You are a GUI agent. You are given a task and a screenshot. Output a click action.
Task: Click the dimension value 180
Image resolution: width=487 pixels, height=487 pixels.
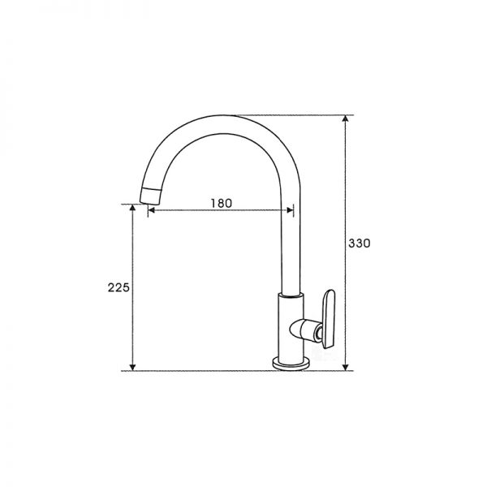coord(222,204)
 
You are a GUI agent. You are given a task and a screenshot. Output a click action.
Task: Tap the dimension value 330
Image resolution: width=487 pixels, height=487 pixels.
coord(360,243)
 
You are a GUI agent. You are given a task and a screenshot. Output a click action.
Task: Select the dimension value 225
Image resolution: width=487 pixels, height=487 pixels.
coord(119,288)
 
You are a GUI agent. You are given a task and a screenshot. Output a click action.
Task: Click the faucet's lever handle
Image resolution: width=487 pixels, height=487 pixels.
coord(329,319)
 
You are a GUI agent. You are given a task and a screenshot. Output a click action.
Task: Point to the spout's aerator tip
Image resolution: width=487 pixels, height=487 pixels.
coord(151,196)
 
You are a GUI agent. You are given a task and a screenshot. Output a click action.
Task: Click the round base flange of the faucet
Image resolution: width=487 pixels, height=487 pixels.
coord(291,364)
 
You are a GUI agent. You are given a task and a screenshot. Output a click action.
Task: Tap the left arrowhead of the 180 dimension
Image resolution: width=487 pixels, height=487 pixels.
coord(151,210)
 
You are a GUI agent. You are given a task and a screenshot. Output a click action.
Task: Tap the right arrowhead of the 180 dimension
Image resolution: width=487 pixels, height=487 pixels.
coord(290,210)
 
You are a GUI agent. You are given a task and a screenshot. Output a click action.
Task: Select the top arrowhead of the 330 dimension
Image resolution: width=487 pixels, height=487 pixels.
coord(345,119)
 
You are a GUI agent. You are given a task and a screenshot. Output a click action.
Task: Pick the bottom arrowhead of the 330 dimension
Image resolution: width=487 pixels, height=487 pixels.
coord(345,367)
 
